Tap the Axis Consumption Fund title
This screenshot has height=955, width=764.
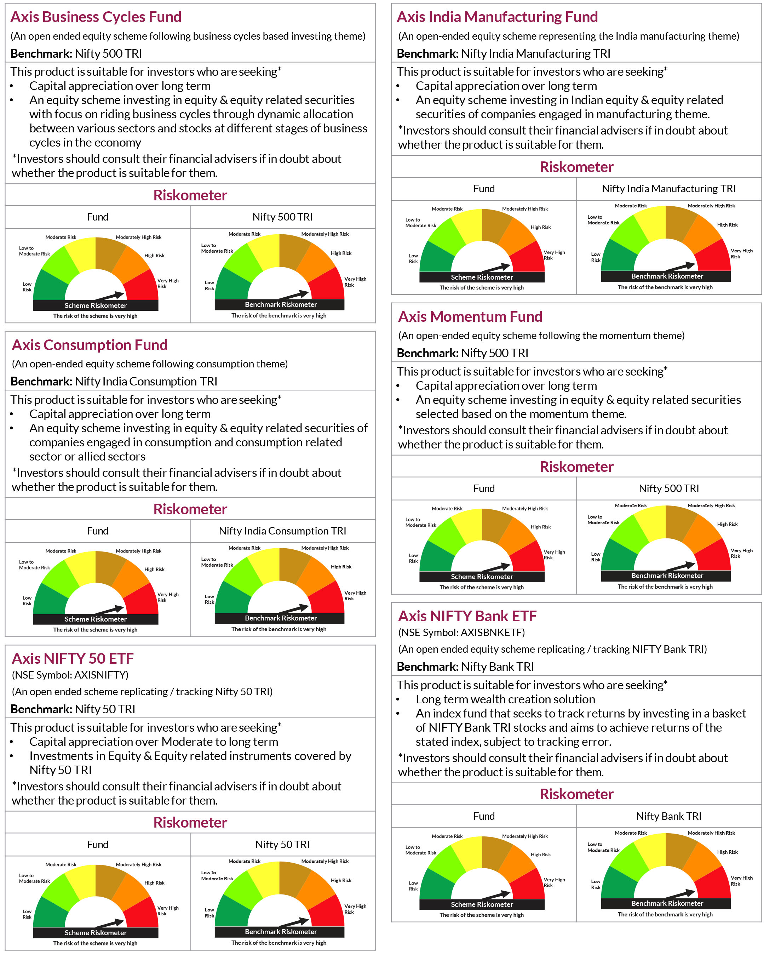point(90,345)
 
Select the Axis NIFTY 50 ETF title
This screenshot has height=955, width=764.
point(73,658)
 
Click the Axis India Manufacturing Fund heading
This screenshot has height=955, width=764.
point(497,17)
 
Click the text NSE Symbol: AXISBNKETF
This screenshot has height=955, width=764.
point(461,632)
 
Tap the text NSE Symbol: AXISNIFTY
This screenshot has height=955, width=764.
point(70,675)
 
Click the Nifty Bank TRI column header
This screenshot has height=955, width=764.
point(668,816)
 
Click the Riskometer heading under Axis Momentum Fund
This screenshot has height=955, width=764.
point(576,467)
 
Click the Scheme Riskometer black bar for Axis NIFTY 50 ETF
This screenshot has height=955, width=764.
point(95,932)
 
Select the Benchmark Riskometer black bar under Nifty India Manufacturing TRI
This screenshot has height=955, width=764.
point(665,276)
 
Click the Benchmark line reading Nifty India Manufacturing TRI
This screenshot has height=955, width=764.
point(503,53)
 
